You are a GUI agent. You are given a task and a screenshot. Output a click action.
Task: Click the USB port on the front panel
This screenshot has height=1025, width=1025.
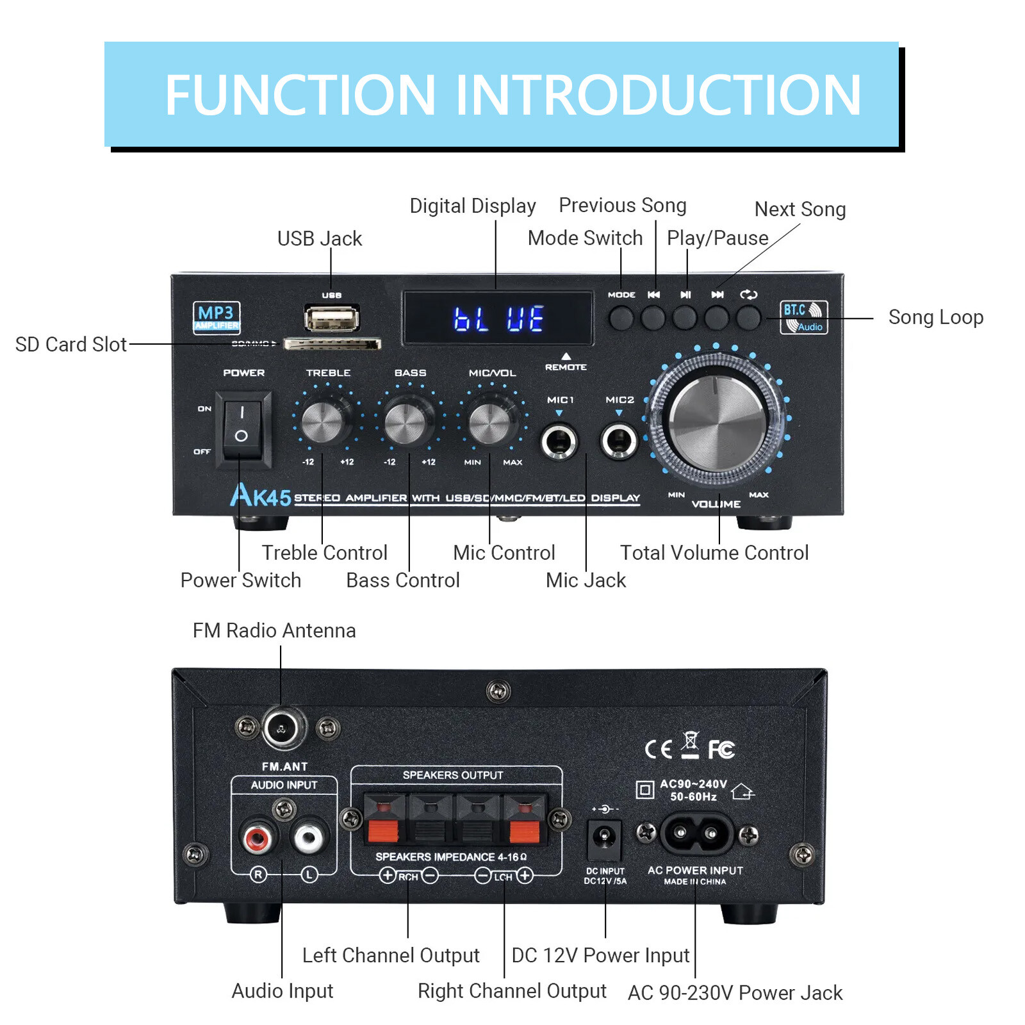pos(331,318)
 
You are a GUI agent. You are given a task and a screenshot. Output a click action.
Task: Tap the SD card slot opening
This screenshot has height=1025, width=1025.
pos(332,345)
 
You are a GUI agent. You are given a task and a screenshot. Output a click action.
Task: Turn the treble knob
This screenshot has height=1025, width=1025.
pos(322,423)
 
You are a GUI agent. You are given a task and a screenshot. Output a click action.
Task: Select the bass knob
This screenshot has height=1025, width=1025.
pos(405,423)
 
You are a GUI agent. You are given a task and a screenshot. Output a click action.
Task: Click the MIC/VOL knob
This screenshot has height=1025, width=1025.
pos(489,423)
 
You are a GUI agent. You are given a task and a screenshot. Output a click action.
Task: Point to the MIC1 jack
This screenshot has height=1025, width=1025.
pos(559,441)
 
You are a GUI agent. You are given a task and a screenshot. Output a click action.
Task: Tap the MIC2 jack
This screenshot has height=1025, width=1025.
pos(619,441)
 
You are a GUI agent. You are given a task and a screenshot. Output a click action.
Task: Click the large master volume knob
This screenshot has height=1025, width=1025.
pos(717,423)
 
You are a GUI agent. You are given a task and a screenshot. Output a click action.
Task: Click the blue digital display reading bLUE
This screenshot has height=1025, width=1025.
pos(498,318)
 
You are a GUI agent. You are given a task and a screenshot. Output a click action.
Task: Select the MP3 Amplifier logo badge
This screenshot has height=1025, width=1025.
pos(217,317)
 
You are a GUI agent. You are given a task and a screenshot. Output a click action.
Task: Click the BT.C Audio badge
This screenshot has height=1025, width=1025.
pos(803,317)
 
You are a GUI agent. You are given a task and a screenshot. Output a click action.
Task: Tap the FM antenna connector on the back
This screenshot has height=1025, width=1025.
pos(283,728)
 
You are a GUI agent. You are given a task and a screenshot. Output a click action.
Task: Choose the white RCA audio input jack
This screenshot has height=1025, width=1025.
pos(309,837)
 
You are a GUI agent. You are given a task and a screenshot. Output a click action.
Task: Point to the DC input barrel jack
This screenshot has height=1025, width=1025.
pos(603,837)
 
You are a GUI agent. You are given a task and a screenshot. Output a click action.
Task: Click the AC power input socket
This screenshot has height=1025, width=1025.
pos(696,833)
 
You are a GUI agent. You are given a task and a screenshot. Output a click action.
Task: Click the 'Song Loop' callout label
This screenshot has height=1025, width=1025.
pos(935,317)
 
